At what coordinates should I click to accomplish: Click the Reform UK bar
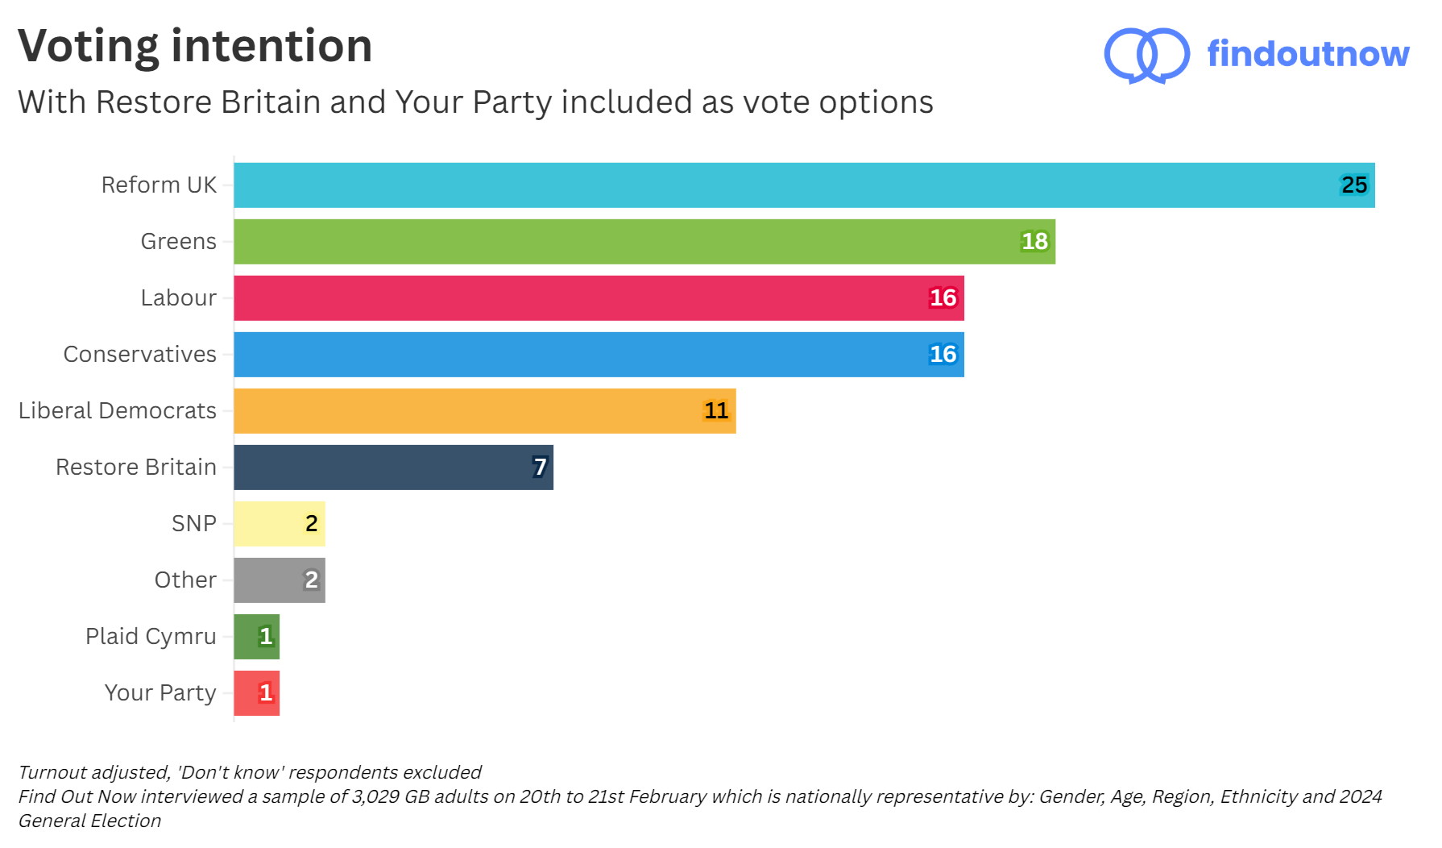pos(804,185)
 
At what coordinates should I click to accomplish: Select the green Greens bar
pos(644,242)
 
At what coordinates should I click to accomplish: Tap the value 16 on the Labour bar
pos(943,298)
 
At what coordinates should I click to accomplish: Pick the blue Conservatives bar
pos(599,355)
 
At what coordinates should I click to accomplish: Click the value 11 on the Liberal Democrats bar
pos(715,411)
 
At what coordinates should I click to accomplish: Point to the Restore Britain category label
pos(136,468)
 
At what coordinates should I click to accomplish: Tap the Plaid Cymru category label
pos(151,637)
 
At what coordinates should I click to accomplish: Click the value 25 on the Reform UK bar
pos(1353,185)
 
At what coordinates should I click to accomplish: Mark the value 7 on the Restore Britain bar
pos(540,468)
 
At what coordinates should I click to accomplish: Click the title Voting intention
pos(195,46)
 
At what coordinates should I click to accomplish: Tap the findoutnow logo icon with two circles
pos(1146,55)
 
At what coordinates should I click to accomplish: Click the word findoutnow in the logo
pos(1307,54)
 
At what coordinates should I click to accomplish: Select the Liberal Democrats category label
pos(118,411)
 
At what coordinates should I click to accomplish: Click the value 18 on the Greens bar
pos(1034,242)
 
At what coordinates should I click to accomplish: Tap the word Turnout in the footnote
pos(52,772)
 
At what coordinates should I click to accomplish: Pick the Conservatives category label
pos(140,355)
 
